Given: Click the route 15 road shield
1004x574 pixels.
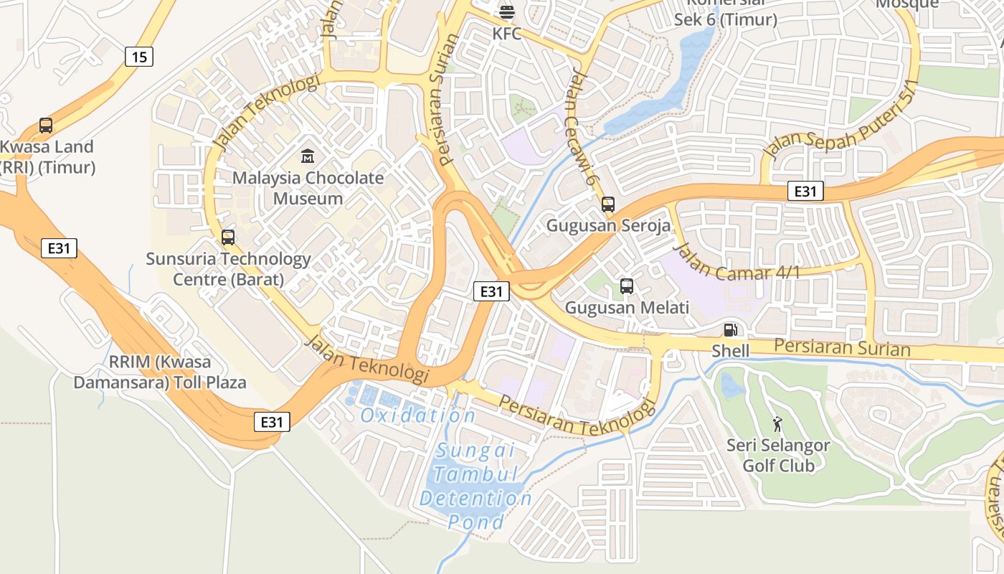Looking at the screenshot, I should pyautogui.click(x=139, y=57).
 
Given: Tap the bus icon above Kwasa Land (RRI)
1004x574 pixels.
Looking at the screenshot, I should pyautogui.click(x=46, y=126).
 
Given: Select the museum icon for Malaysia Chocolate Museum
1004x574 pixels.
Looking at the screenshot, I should pyautogui.click(x=308, y=156).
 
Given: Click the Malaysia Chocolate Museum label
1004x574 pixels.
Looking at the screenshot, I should pyautogui.click(x=308, y=188).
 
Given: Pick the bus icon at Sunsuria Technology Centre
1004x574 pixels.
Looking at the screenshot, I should pyautogui.click(x=228, y=237).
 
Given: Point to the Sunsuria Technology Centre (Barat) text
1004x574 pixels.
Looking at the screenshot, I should pyautogui.click(x=228, y=269).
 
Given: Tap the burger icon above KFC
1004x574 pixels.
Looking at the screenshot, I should pyautogui.click(x=506, y=11).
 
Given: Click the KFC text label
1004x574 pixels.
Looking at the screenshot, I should pyautogui.click(x=506, y=34).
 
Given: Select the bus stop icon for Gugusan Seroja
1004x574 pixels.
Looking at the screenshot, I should pyautogui.click(x=608, y=204).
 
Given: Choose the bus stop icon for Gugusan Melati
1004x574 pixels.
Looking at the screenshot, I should pyautogui.click(x=627, y=286).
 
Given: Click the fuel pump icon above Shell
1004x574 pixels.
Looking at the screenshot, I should pyautogui.click(x=730, y=330).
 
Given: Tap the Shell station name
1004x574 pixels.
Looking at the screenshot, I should pyautogui.click(x=730, y=351).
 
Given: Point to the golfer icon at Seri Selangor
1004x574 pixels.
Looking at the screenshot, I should pyautogui.click(x=777, y=424).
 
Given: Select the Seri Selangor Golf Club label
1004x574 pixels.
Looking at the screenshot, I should pyautogui.click(x=778, y=456).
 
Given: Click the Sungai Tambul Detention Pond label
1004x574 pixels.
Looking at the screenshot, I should pyautogui.click(x=475, y=486).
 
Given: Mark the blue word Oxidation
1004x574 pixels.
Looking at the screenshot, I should pyautogui.click(x=417, y=415).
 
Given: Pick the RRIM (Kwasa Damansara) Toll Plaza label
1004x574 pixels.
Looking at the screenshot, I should pyautogui.click(x=159, y=372).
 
